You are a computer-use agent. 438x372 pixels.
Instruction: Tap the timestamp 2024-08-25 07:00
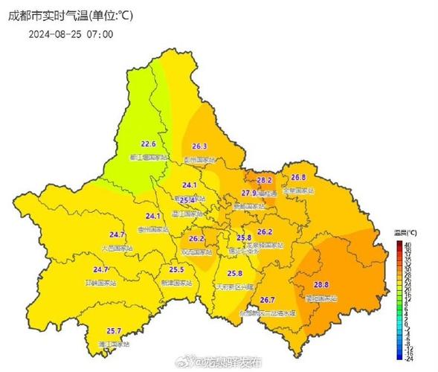coord(71,34)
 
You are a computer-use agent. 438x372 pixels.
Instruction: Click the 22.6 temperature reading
coord(149,144)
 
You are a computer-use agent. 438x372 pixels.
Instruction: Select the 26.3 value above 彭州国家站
coord(199,147)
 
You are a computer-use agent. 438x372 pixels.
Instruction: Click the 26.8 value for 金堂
coord(298,177)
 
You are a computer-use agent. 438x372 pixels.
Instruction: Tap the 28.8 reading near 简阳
coord(321,284)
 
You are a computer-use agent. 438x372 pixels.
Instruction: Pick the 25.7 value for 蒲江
coord(114,330)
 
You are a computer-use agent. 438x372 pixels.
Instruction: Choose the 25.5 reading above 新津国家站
coord(176,270)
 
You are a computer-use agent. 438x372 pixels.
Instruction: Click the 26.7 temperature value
coord(268,300)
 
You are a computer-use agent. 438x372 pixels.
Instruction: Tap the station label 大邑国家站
coord(116,248)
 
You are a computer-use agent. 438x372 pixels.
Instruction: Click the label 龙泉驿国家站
coord(264,245)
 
